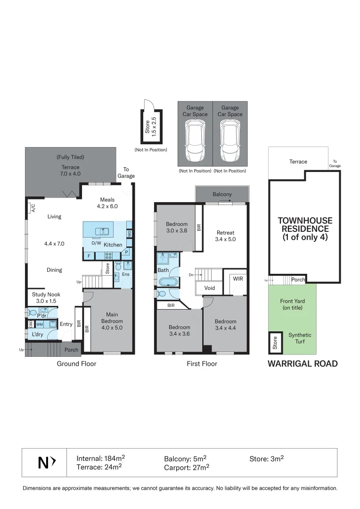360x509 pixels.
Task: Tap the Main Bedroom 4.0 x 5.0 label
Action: click(112, 321)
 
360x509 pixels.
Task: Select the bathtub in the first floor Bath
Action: click(168, 283)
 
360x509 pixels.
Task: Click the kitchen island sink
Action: click(102, 231)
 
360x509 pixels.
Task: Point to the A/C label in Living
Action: click(33, 208)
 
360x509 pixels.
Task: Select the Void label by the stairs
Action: click(210, 288)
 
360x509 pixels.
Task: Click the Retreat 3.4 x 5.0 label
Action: click(226, 236)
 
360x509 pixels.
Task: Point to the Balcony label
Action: click(222, 194)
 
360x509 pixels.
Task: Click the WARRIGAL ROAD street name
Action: click(303, 363)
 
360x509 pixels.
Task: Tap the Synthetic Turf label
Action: click(300, 338)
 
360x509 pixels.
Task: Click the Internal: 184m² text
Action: click(100, 458)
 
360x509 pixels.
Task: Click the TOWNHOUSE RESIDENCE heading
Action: click(305, 229)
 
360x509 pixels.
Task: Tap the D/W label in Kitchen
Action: click(96, 244)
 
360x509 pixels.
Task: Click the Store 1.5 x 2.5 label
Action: click(150, 126)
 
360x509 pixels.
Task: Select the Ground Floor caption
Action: click(76, 363)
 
